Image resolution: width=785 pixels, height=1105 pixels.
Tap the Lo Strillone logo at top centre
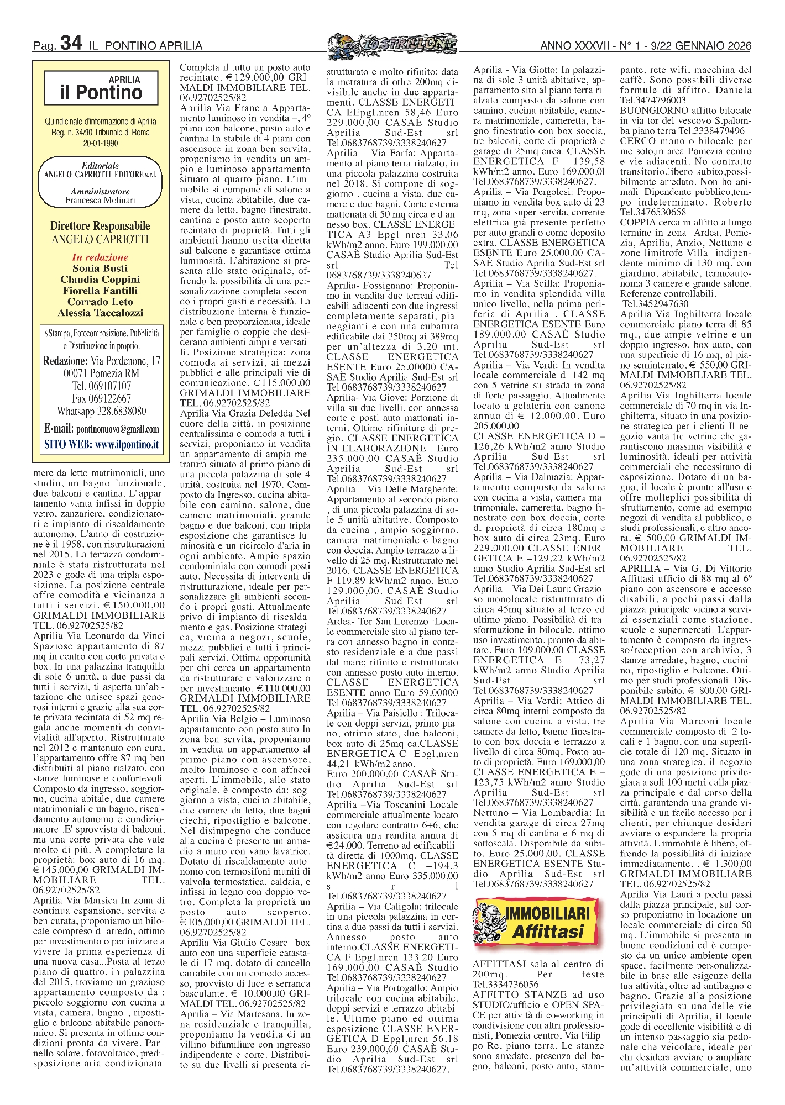pos(392,44)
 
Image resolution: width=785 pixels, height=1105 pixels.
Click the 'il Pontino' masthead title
pos(101,93)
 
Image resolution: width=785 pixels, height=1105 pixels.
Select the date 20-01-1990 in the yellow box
pos(100,143)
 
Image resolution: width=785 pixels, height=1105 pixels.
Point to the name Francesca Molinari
pos(100,201)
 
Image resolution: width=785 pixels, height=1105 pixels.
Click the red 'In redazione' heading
pos(100,257)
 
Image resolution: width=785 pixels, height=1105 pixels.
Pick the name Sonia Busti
pos(100,268)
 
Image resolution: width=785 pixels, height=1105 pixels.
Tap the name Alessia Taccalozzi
pos(100,313)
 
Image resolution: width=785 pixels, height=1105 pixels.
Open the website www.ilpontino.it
pos(127,444)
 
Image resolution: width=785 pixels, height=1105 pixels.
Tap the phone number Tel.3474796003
pos(653,100)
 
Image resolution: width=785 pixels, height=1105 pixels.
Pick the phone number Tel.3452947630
pos(655,304)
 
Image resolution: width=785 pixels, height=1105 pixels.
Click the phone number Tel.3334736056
pos(505,984)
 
